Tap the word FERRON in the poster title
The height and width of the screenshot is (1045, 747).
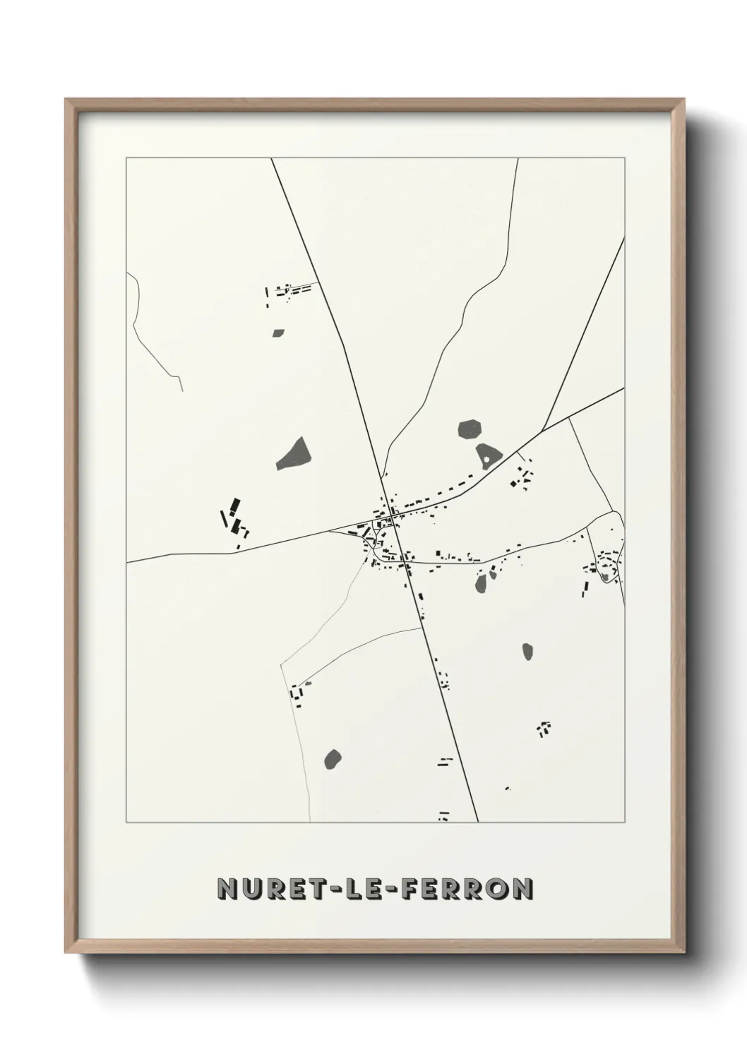click(466, 889)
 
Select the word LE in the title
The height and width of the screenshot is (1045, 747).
click(358, 889)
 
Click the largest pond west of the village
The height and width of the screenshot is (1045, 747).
click(293, 454)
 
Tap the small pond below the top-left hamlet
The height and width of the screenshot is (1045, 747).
click(278, 332)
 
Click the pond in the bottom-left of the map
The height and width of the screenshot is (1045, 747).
click(333, 758)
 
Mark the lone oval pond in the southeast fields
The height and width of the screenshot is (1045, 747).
click(527, 651)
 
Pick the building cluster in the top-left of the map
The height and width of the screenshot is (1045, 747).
click(286, 293)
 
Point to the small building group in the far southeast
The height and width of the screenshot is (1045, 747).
click(544, 728)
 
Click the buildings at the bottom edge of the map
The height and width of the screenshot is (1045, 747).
click(444, 816)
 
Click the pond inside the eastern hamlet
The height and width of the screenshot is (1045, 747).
click(605, 576)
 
